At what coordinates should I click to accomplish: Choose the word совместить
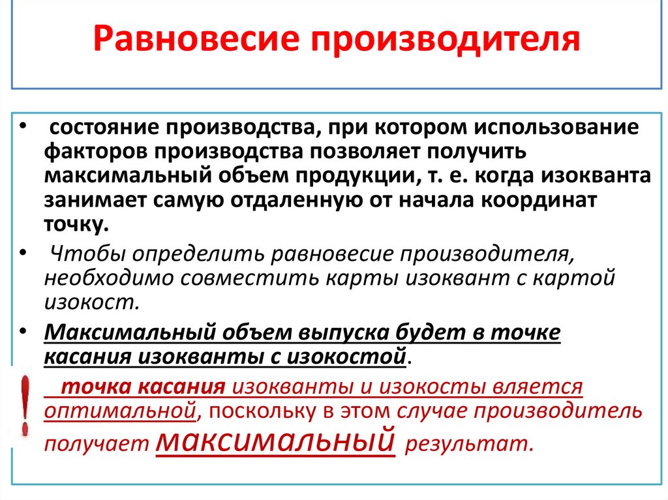click(246, 278)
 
